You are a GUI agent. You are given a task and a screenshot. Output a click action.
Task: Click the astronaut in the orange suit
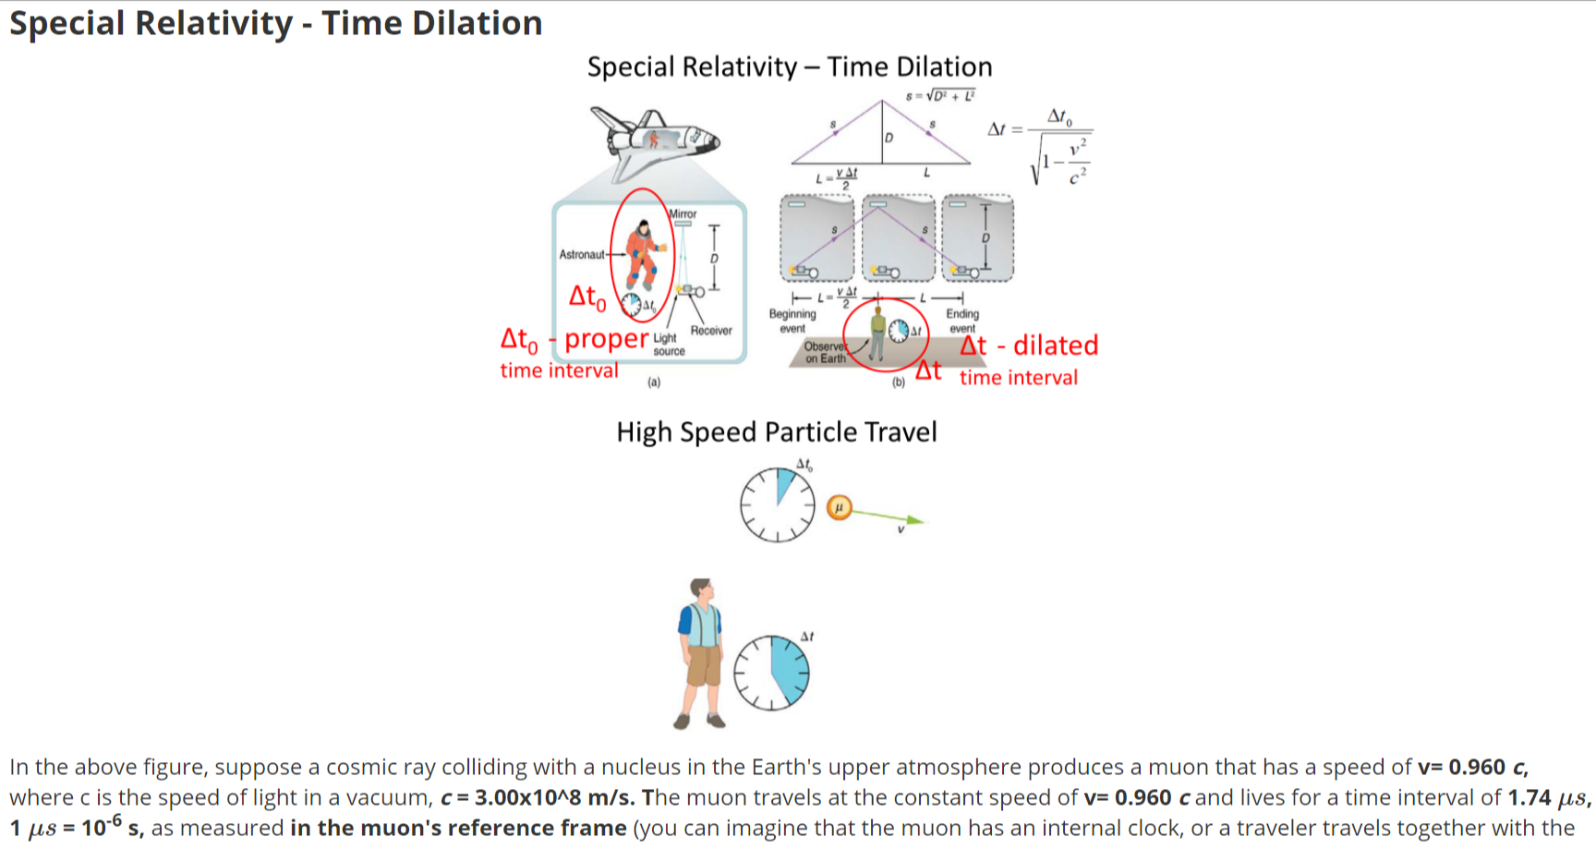(641, 254)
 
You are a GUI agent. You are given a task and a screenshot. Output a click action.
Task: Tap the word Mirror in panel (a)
(683, 213)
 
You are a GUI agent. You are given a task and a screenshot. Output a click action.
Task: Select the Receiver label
(710, 331)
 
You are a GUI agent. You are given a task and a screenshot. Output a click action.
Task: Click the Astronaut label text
(581, 254)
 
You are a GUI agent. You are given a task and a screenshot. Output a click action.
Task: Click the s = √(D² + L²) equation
(940, 95)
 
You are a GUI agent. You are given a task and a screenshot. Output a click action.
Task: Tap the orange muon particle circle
(839, 507)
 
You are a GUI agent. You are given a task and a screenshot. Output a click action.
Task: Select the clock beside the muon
(778, 504)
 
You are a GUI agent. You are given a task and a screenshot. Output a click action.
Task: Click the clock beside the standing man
(771, 673)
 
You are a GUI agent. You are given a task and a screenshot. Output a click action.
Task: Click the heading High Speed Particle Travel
(776, 431)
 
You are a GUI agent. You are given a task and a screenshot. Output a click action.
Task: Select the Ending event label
(962, 321)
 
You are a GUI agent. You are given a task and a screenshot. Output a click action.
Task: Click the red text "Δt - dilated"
(1029, 346)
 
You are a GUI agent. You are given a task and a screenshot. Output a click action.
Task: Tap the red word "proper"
(607, 339)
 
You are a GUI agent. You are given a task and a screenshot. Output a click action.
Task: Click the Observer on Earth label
(825, 352)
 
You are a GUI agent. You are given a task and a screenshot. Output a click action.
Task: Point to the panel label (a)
(654, 382)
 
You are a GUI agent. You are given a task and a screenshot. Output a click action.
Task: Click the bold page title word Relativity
(214, 22)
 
